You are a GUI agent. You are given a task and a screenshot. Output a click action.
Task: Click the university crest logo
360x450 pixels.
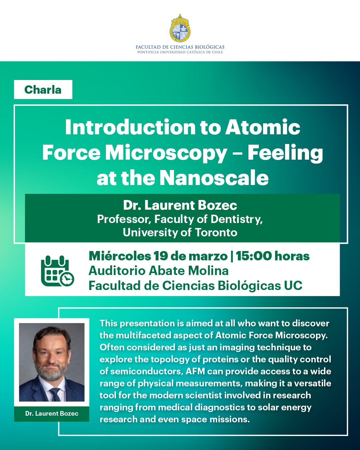point(180,28)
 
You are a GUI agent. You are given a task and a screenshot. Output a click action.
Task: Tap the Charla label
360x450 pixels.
point(43,90)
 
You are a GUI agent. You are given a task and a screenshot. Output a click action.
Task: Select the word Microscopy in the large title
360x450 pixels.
point(166,153)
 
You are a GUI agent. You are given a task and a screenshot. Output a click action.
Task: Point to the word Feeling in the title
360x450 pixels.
point(285,153)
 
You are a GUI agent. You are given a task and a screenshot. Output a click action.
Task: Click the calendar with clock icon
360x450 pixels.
point(58,271)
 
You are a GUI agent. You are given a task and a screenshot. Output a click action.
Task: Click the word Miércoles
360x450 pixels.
point(120,256)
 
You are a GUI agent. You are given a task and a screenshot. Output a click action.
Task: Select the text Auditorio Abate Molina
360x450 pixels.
point(159,271)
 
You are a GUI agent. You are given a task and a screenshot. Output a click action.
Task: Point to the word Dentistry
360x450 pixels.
point(236,219)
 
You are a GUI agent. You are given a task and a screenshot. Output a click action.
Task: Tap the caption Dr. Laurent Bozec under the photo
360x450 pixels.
point(52,413)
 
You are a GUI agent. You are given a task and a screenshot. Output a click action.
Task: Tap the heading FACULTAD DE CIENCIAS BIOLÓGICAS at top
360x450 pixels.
point(180,47)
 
